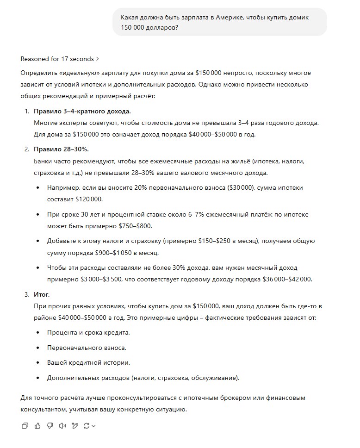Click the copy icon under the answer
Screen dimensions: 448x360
25,426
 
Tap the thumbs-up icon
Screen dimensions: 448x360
37,426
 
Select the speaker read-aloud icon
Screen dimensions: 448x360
62,426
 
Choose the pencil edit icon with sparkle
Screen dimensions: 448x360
74,426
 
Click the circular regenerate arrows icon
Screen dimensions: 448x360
87,426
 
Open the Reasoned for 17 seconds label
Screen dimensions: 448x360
60,59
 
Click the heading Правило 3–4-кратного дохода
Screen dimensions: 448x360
82,112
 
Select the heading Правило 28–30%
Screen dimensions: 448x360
61,149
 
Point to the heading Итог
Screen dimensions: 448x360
42,294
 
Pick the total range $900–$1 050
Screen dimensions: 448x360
127,253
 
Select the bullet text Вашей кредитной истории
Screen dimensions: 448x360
88,362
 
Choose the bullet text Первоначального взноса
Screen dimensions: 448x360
87,348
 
